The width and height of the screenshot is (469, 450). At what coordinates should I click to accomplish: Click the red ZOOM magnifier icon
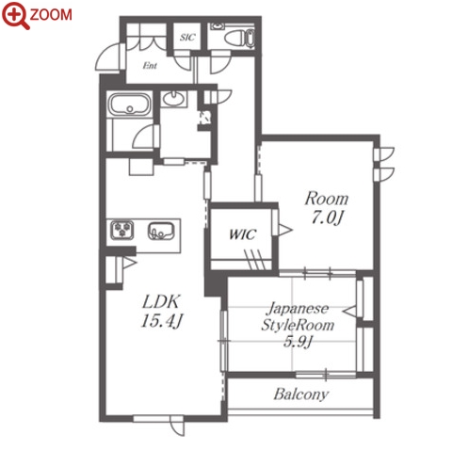(x=15, y=15)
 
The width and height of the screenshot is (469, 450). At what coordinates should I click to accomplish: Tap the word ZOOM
(x=51, y=15)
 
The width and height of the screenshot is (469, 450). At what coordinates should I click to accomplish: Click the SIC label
(x=187, y=38)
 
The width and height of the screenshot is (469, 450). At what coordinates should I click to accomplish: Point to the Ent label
(x=150, y=65)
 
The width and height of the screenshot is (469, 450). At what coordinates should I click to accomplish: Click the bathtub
(x=129, y=104)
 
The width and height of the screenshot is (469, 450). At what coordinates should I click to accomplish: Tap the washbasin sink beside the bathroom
(x=173, y=99)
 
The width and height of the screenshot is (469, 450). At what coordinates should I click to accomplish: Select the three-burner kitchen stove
(x=122, y=230)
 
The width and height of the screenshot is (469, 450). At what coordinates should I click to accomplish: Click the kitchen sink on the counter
(x=161, y=231)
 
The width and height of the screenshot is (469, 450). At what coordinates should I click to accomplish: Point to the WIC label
(x=243, y=234)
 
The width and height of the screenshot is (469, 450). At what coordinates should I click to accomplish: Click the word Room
(x=327, y=199)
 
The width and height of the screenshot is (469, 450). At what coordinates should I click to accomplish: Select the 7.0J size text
(x=327, y=217)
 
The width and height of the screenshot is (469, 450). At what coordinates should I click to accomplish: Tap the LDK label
(x=161, y=301)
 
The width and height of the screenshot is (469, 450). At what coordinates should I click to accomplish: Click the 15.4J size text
(x=161, y=321)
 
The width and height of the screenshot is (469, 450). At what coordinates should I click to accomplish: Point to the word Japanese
(x=298, y=309)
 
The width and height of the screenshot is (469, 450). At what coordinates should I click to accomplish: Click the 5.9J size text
(x=298, y=342)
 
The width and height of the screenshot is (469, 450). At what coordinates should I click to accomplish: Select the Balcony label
(x=301, y=394)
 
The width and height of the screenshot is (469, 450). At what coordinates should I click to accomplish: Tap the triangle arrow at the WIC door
(x=285, y=230)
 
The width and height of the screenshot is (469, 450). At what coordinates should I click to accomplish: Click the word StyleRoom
(x=298, y=325)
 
